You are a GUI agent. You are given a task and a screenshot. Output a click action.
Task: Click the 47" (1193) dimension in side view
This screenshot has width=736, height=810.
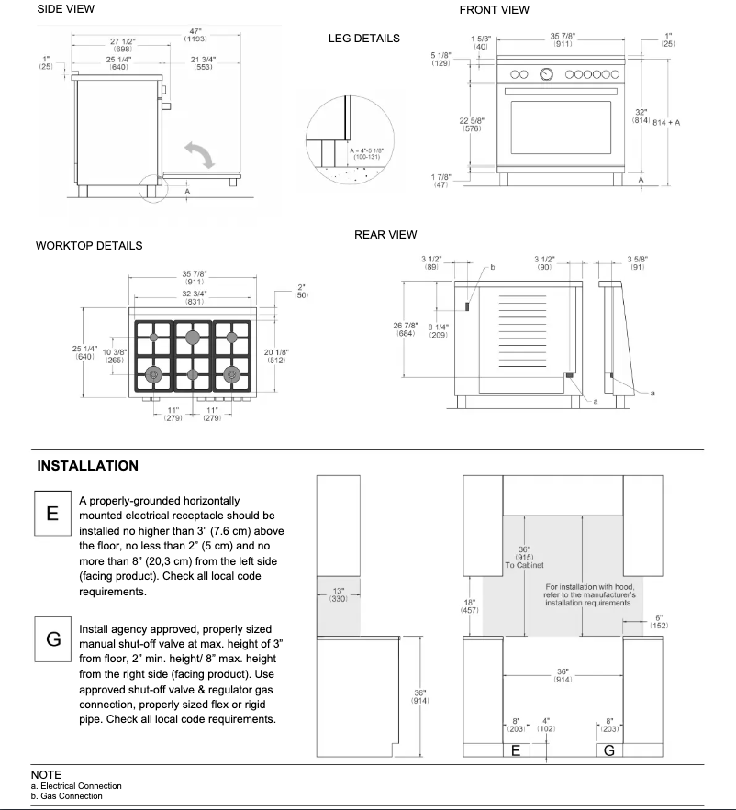195,35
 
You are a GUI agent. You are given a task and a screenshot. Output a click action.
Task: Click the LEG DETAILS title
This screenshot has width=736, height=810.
363,39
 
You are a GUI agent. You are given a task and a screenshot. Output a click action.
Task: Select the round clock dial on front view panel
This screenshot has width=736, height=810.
548,73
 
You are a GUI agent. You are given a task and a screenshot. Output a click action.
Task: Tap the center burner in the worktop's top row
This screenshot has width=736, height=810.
193,338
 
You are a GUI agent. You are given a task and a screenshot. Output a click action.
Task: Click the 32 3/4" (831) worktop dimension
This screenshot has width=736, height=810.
194,297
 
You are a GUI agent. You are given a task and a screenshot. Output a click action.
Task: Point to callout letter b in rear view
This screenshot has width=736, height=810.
493,267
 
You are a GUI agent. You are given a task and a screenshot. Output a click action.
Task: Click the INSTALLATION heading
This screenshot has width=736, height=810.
88,466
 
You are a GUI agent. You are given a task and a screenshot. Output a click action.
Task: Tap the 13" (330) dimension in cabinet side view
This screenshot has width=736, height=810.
339,594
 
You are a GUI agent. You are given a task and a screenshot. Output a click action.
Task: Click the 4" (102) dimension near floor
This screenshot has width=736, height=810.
546,725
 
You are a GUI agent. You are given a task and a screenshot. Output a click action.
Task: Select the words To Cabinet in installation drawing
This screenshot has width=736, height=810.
523,566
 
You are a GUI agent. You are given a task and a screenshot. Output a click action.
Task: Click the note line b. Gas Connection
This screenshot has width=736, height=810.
66,796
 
